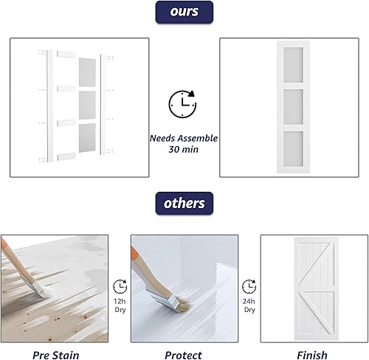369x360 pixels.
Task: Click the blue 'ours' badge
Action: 184,12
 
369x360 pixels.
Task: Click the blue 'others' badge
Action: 184,203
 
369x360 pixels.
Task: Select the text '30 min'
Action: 183,149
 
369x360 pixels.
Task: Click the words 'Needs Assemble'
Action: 183,137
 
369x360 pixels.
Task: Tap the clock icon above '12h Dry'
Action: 120,286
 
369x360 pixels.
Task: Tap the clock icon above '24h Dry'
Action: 249,286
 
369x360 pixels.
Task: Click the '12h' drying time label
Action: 120,300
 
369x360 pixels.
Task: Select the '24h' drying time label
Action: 249,300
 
